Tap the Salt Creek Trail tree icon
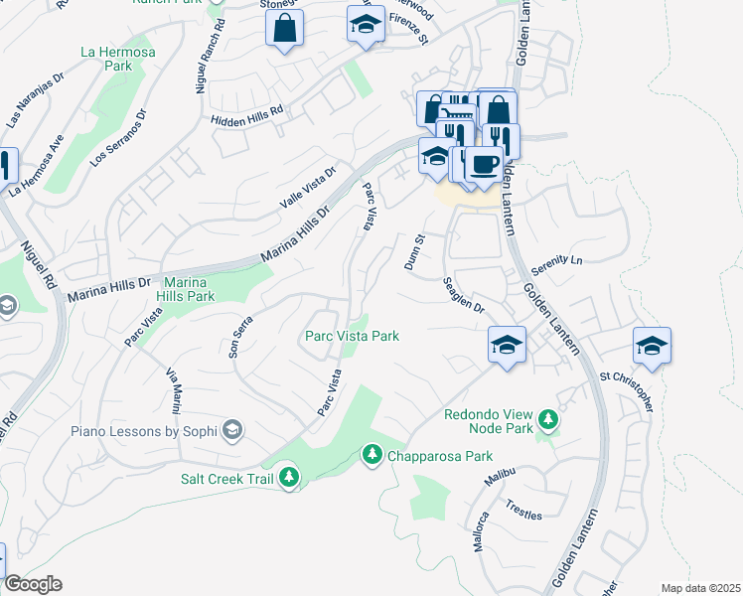(289, 478)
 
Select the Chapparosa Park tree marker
(372, 455)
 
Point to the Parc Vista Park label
(352, 337)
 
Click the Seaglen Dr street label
(463, 295)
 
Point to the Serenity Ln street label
(555, 264)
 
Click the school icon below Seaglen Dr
(507, 346)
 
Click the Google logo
(32, 584)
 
